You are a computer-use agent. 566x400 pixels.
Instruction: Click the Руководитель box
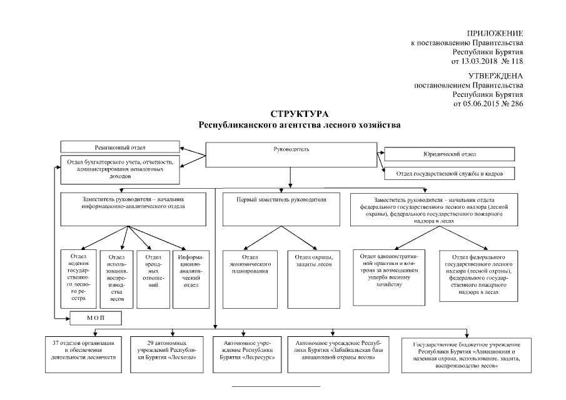(x=291, y=156)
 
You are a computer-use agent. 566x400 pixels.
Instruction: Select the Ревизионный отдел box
(x=120, y=147)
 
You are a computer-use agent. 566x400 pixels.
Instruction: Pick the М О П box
(x=95, y=319)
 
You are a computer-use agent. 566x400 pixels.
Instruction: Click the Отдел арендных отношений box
(x=153, y=279)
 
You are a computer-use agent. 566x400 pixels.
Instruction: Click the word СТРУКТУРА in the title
(x=299, y=114)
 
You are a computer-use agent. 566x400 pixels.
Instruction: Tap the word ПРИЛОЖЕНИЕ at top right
(x=495, y=32)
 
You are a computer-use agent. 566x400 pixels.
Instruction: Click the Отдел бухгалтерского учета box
(x=120, y=169)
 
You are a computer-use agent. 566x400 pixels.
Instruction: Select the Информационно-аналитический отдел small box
(x=190, y=279)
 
